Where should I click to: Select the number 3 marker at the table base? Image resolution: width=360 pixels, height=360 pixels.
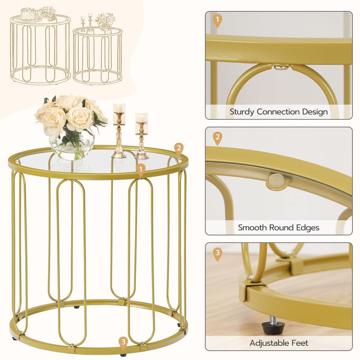pos(123,342)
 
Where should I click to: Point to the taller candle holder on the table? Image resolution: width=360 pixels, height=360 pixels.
pos(119,131)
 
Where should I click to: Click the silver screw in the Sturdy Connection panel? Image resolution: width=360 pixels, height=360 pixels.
pos(281,67)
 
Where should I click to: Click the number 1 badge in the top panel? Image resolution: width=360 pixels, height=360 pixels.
pos(217,21)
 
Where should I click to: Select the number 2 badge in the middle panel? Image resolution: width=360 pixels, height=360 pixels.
pos(217,139)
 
